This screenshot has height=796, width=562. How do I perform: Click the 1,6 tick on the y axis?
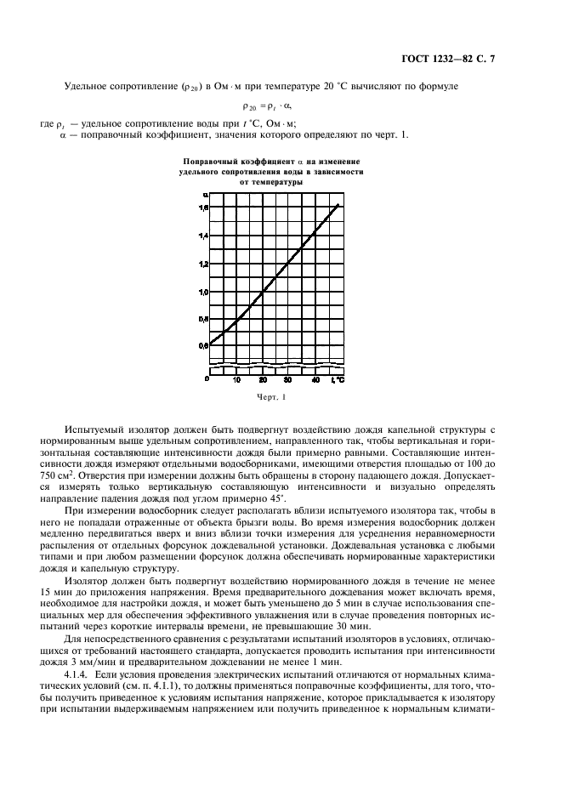(203, 207)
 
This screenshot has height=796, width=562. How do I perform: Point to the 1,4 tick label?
(203, 236)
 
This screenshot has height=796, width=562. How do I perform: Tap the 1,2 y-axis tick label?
(203, 264)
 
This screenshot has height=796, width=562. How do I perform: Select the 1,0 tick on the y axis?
(203, 292)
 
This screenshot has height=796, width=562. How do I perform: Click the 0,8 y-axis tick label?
(203, 319)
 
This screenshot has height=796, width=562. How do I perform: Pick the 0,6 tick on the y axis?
(203, 346)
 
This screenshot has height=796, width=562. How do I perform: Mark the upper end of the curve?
(338, 205)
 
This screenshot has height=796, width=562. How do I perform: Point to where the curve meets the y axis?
(210, 343)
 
